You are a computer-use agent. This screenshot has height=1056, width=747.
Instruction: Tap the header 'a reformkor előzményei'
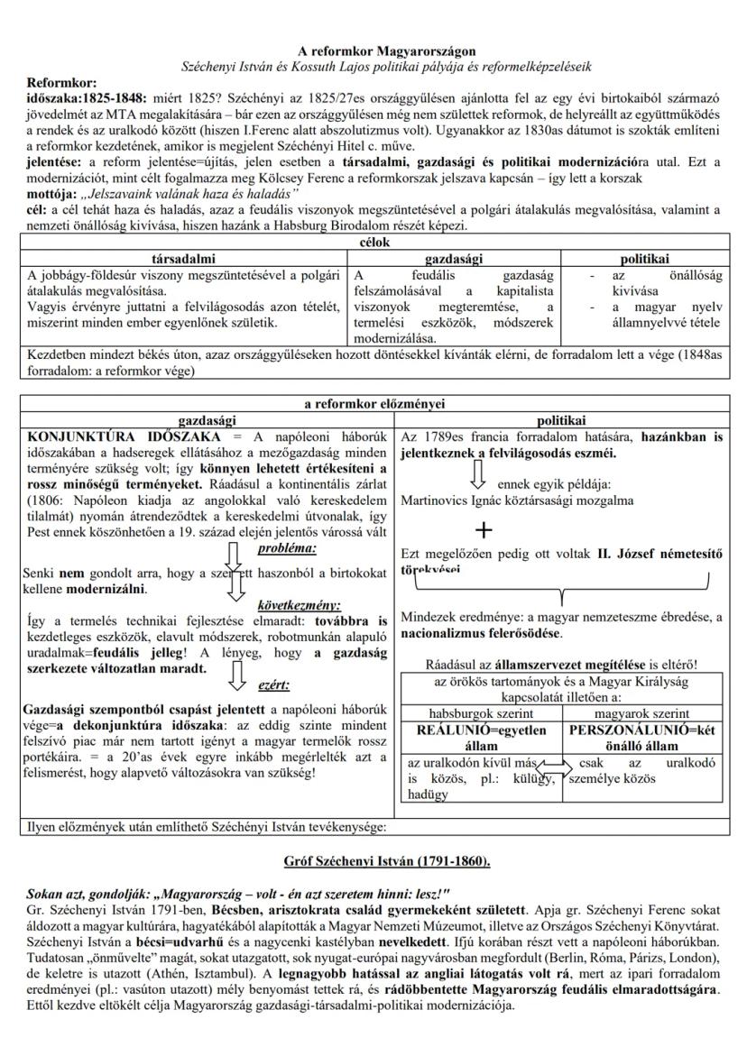pos(373,404)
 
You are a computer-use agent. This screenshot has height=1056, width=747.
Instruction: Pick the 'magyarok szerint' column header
pos(644,713)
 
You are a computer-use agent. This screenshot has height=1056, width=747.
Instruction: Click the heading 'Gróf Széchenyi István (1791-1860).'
pos(373,861)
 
